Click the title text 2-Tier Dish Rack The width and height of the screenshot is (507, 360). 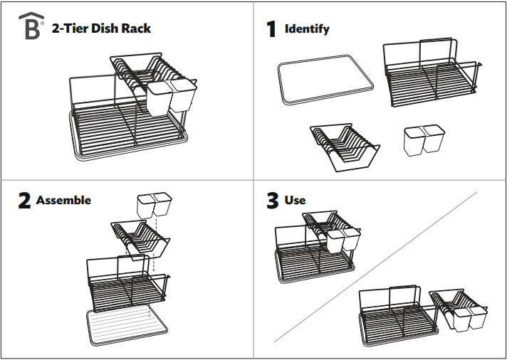(101, 28)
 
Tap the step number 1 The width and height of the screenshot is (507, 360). (271, 29)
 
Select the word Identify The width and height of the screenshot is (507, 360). (307, 29)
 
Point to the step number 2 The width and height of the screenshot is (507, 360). (24, 201)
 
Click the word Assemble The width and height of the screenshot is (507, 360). (63, 201)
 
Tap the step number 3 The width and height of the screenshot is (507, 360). (272, 201)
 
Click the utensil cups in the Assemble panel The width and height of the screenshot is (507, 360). (154, 205)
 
